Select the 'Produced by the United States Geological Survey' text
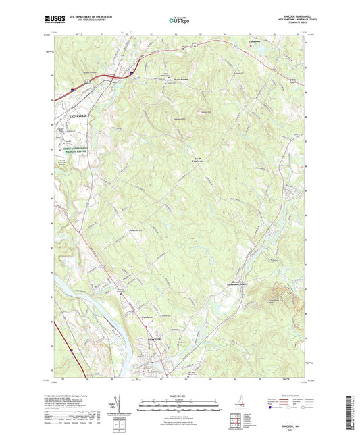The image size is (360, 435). point(74,394)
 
